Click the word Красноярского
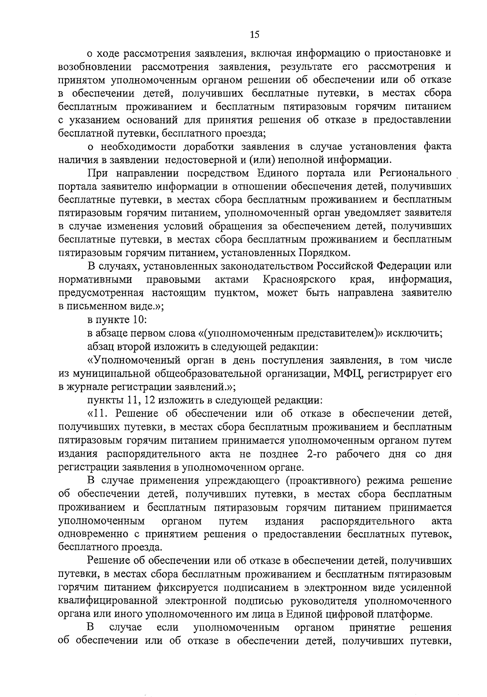[299, 280]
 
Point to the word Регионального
[416, 173]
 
